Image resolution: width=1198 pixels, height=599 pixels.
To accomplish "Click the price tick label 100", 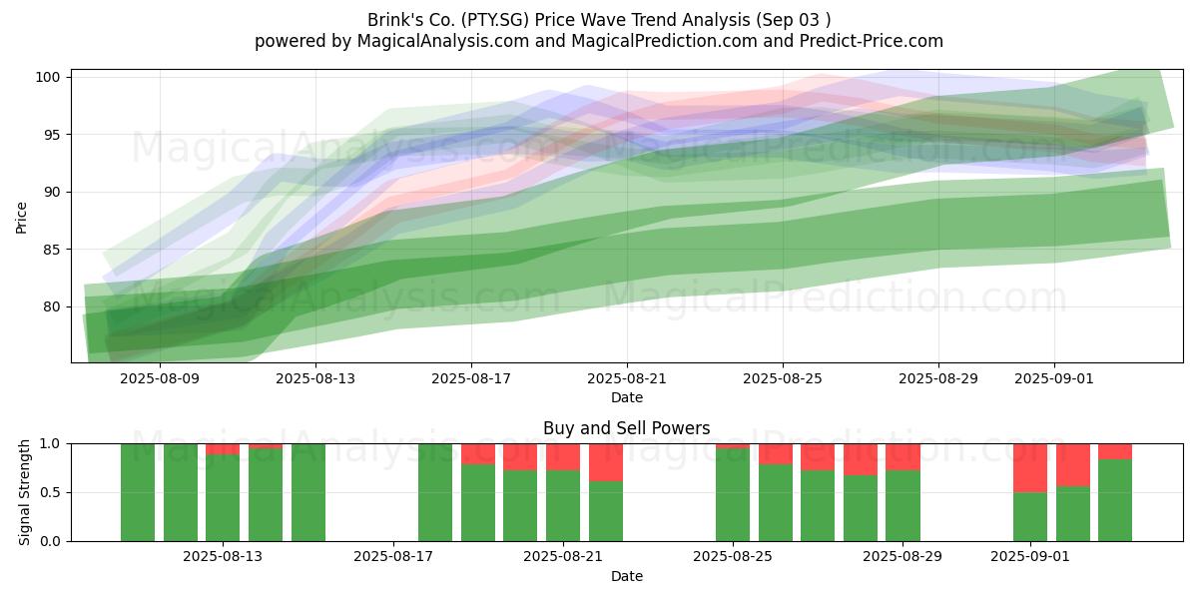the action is tap(47, 77).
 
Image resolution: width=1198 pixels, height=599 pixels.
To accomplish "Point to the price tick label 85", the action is tap(51, 250).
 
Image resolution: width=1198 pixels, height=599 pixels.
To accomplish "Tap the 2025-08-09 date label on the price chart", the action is tap(160, 378).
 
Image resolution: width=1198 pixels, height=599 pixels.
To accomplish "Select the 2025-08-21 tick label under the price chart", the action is tap(627, 378).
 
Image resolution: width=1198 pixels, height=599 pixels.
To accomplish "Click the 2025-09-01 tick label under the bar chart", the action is tap(1030, 556).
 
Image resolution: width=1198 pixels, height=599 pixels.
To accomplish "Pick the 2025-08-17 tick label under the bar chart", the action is tap(393, 556).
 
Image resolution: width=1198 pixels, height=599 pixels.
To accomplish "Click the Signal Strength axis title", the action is tap(24, 492).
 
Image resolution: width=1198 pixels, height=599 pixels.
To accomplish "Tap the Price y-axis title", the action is tap(21, 218).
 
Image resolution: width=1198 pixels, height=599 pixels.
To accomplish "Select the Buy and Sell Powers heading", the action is tap(626, 428).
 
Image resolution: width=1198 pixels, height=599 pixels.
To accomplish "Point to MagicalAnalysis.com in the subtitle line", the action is tap(443, 41).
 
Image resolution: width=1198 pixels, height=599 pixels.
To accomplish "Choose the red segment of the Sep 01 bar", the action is tap(1030, 468).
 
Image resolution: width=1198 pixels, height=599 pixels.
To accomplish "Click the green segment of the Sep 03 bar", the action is tap(1115, 500).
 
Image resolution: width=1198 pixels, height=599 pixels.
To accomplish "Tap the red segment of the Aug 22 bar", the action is tap(606, 462).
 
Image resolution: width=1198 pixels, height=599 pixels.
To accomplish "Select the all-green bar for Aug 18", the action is tap(435, 492).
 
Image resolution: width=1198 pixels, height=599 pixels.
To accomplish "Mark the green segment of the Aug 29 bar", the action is tap(902, 506).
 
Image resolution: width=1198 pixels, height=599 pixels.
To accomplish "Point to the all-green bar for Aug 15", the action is tap(308, 492).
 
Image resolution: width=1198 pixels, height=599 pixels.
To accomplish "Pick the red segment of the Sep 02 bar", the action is tap(1073, 465).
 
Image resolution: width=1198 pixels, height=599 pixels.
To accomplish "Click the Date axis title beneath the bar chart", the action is tap(627, 576).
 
